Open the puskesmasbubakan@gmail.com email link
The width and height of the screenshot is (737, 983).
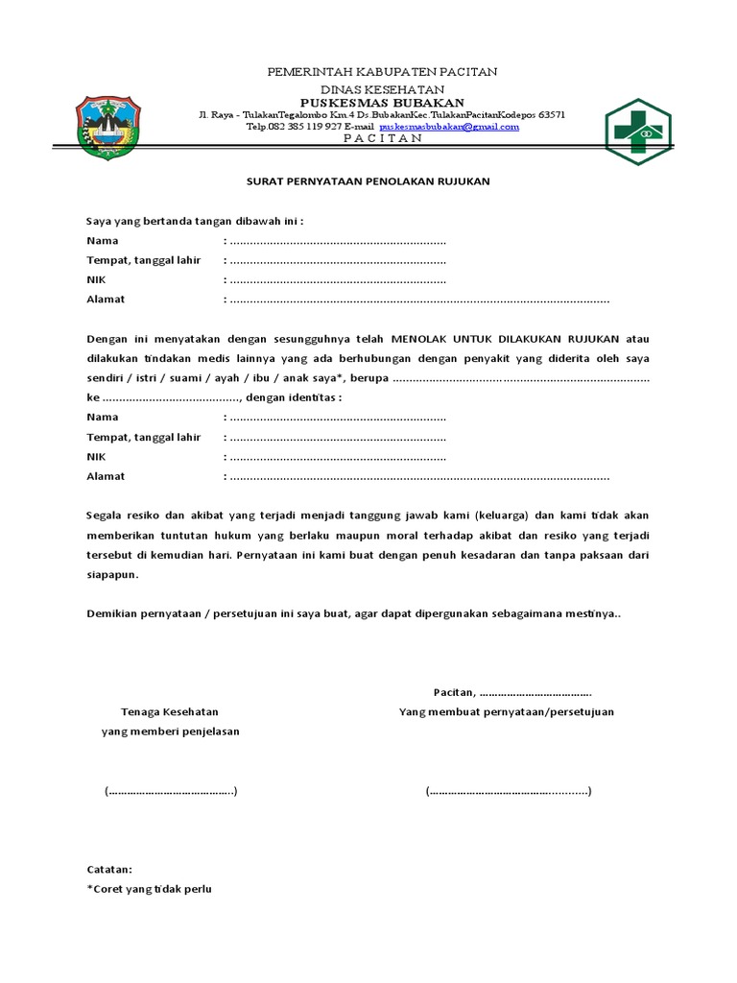tap(449, 126)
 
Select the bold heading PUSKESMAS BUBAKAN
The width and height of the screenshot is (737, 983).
tap(381, 102)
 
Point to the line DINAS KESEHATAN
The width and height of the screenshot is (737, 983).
tap(381, 87)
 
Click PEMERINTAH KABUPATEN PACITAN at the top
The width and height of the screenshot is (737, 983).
tap(381, 72)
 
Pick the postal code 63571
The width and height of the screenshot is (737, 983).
tap(551, 114)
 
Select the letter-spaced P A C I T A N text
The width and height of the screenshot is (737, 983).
tap(381, 138)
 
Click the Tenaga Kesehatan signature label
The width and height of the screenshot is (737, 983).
tap(170, 711)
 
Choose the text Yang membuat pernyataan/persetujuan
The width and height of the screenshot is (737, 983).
tap(507, 711)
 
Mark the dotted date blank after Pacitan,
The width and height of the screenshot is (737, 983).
tap(535, 692)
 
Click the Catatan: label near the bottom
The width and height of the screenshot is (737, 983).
tap(109, 869)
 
